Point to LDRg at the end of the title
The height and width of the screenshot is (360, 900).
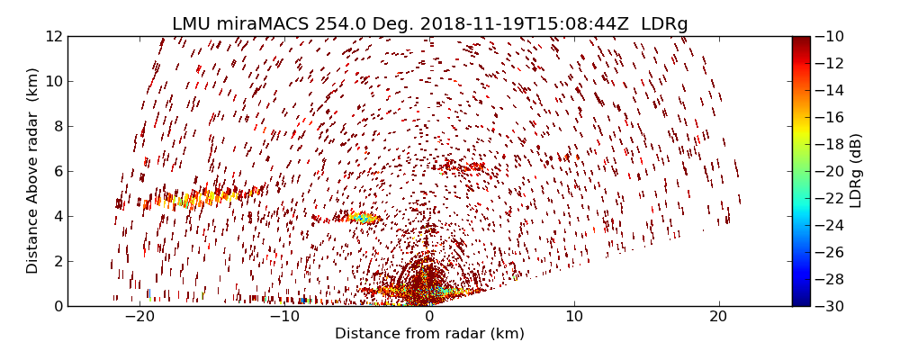coord(664,23)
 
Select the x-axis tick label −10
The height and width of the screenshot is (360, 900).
coord(284,317)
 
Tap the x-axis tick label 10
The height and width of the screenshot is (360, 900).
coord(574,317)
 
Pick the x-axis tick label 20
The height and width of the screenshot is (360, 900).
coord(718,317)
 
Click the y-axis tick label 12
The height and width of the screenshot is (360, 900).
coord(53,36)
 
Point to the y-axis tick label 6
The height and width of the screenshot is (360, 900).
coord(57,171)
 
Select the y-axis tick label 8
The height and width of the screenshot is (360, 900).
coord(57,126)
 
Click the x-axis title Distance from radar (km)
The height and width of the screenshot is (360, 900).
coord(429,334)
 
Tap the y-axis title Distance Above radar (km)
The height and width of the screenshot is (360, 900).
coord(33,171)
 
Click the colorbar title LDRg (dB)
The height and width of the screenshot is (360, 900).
coord(856,171)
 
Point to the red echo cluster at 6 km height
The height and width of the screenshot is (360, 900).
coord(461,166)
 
